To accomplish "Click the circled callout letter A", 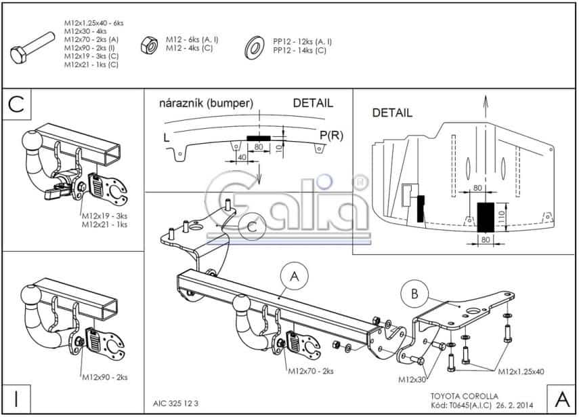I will point(294,276).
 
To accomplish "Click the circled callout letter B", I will point(414,294).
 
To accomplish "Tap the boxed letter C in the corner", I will point(16,104).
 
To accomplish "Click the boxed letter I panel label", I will point(15,399).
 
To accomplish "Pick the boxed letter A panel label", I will point(561,398).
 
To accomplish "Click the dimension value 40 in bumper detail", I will point(242,158).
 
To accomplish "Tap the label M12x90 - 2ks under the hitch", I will point(104,376).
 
